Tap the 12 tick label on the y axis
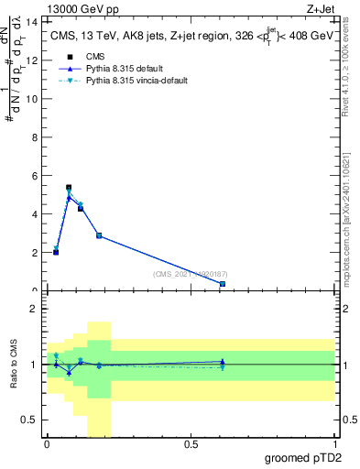coord(34,60)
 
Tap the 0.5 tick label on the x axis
coord(191,444)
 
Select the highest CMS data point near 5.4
coord(69,187)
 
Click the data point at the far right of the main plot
coord(223,284)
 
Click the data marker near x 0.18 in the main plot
coord(99,235)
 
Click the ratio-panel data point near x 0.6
coord(223,364)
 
